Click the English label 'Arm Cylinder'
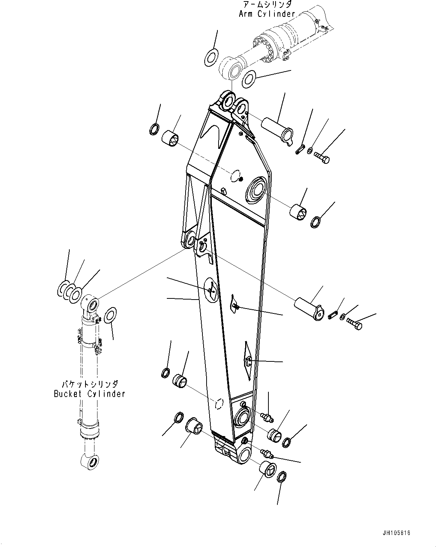click(267, 14)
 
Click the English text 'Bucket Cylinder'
click(89, 394)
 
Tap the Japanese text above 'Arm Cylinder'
click(267, 5)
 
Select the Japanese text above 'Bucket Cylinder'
click(90, 384)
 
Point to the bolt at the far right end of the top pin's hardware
click(321, 156)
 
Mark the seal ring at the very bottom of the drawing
click(282, 478)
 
